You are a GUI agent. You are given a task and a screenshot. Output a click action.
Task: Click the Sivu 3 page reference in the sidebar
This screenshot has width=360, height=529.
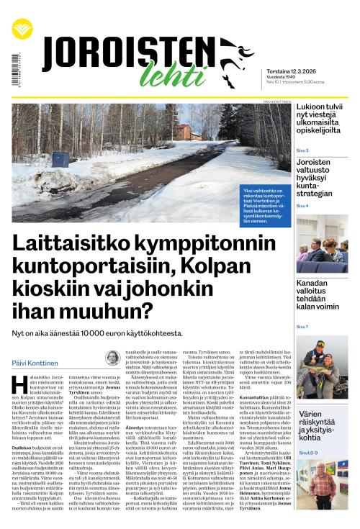tap(302, 150)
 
